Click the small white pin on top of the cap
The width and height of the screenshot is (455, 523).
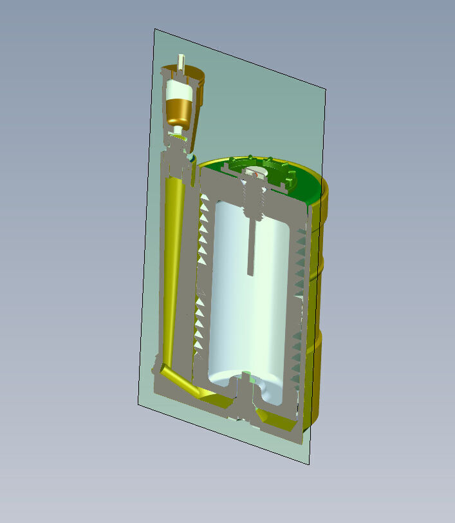point(183,63)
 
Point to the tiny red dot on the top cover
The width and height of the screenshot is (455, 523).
point(255,174)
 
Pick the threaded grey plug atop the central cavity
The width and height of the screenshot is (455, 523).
point(252,200)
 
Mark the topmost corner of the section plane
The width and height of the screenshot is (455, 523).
point(155,29)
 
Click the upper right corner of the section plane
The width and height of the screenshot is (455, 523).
point(326,90)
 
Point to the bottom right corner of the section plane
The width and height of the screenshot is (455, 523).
point(309,463)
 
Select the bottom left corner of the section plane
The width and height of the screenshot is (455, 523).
point(137,405)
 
